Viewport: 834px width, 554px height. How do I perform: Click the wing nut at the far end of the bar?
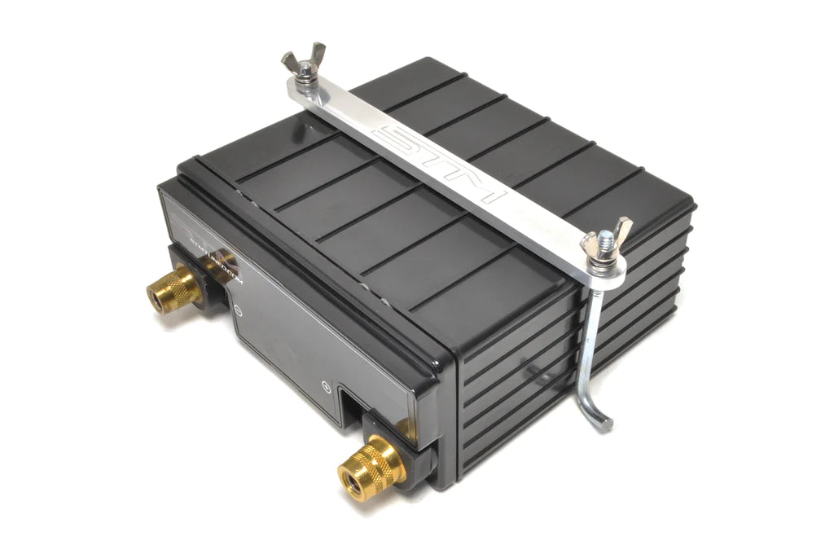tap(304, 63)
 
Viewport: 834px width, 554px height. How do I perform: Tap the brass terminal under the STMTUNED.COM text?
tap(173, 287)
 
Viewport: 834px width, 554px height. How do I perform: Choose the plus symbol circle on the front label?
tap(326, 387)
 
